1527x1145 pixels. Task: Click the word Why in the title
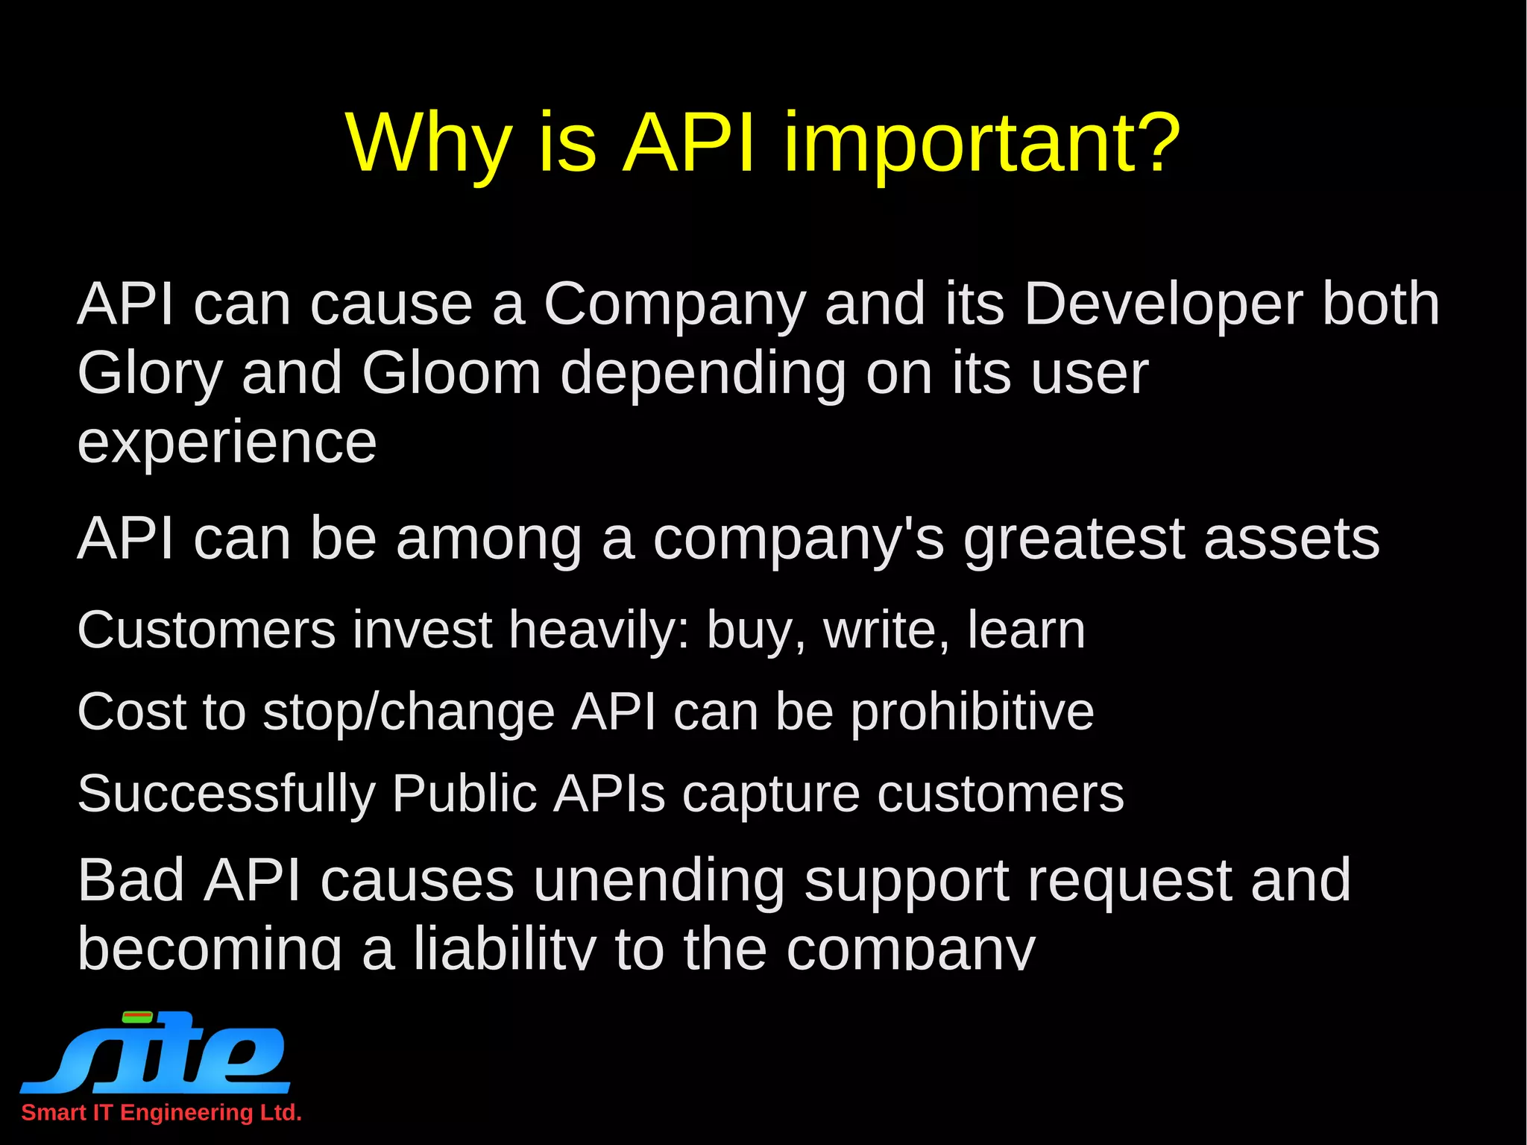click(429, 142)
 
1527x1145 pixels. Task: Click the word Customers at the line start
click(207, 630)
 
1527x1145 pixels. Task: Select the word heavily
click(599, 630)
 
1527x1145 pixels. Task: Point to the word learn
click(1026, 630)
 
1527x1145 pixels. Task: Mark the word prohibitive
click(972, 712)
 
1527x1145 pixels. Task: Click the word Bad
click(131, 880)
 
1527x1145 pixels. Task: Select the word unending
click(658, 880)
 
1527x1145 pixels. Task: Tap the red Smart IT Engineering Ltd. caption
click(161, 1113)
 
